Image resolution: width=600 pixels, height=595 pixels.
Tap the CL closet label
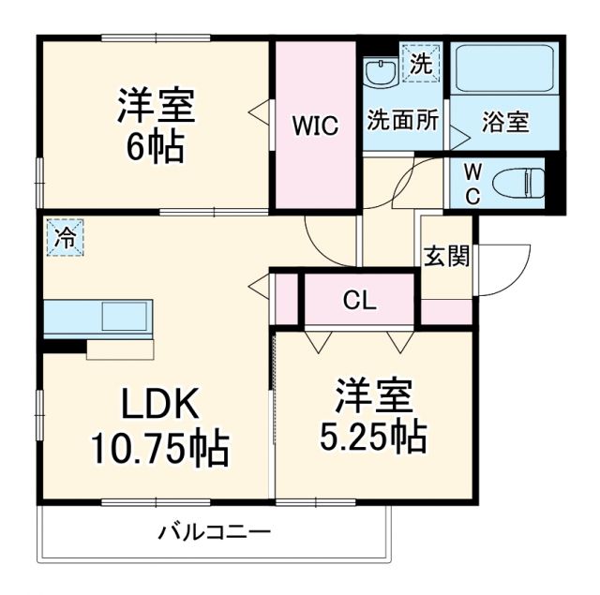tap(358, 301)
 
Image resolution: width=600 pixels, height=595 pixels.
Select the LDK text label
tap(159, 405)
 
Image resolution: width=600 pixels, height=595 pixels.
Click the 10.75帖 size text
tap(159, 450)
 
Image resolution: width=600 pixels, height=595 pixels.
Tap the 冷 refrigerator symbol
tap(65, 238)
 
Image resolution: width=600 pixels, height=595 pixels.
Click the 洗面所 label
tap(402, 121)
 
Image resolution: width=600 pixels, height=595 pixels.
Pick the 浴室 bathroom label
tap(505, 122)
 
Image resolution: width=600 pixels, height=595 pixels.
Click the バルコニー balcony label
tap(214, 533)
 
